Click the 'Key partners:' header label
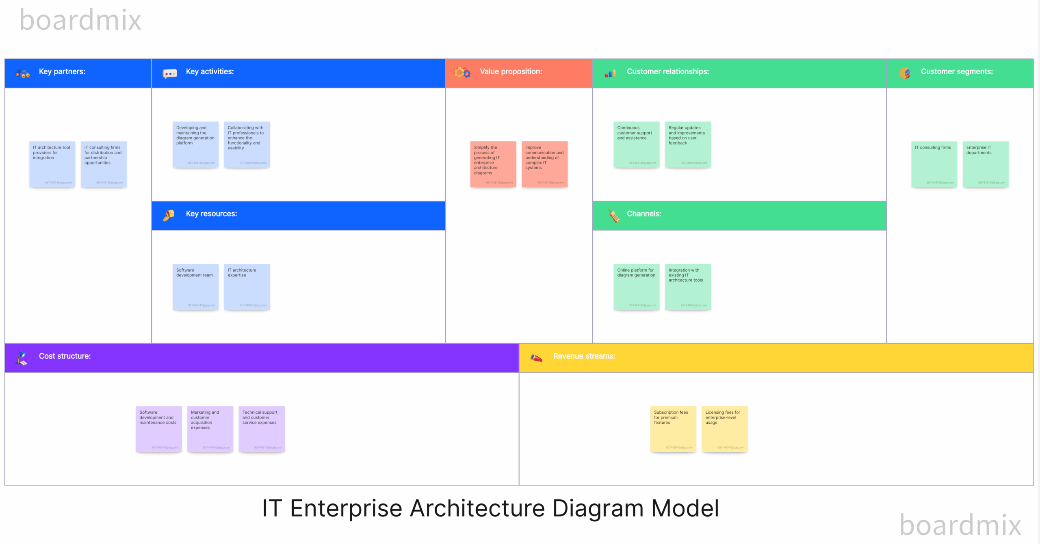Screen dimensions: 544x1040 point(62,72)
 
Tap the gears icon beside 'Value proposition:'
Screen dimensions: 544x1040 point(462,73)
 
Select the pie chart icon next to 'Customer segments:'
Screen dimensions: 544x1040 point(905,73)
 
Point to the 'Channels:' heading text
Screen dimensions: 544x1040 point(643,214)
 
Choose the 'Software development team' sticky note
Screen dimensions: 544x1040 point(195,287)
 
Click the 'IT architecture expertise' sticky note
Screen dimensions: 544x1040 point(247,287)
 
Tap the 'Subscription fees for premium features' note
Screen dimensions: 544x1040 point(673,429)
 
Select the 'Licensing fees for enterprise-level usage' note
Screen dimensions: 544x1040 point(725,429)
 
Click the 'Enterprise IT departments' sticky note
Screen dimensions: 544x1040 point(986,164)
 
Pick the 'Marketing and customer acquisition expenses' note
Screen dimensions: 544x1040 point(210,429)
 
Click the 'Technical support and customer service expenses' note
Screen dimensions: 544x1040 point(262,429)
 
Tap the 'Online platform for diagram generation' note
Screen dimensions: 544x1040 point(637,287)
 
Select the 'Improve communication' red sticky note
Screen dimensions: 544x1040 point(544,164)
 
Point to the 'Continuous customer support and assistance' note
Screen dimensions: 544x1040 point(637,145)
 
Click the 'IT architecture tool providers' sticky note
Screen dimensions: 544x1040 point(52,164)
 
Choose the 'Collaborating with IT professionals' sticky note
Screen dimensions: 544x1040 point(247,145)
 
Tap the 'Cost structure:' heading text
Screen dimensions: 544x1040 point(65,356)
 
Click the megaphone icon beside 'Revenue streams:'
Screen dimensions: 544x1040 point(536,358)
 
